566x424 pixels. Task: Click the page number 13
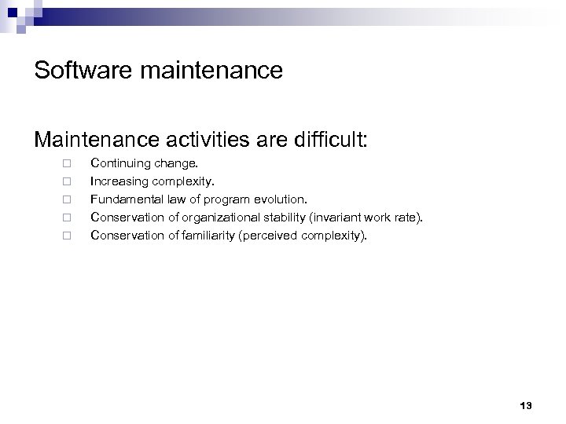tap(526, 405)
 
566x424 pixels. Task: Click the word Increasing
tap(116, 182)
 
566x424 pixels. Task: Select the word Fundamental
tap(124, 199)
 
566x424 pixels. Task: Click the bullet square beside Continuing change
tap(68, 165)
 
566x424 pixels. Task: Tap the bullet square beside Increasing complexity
tap(68, 182)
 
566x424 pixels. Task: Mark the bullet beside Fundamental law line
tap(68, 199)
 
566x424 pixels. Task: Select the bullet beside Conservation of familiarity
tap(68, 234)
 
